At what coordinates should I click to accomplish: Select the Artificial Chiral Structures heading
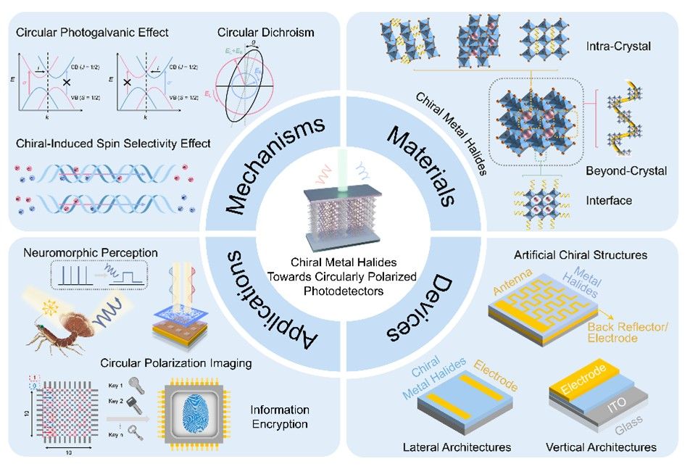(581, 255)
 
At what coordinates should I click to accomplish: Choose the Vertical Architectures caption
(600, 447)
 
